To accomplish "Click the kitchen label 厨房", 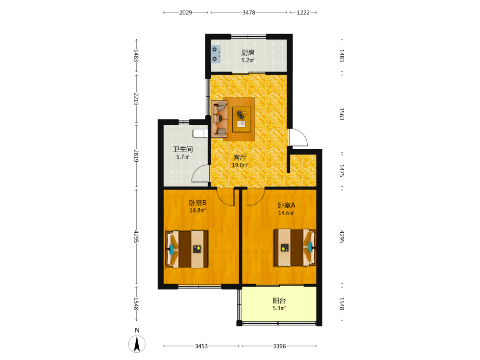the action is pos(248,53).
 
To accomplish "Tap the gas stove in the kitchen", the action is pos(216,54).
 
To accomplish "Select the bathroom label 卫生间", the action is pos(183,149).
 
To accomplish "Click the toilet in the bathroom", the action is pos(200,133).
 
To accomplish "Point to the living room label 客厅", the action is pos(240,157).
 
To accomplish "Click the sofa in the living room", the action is pos(220,119).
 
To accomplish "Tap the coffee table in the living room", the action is pos(241,120).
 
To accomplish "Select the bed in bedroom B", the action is pos(187,249).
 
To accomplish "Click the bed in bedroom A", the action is pos(295,247).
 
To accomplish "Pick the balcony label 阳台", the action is pos(279,300).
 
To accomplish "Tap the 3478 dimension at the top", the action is pos(249,12).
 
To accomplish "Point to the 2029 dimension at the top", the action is pos(185,12).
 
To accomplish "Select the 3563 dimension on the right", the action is pos(342,114).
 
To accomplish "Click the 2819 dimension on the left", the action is pos(136,156).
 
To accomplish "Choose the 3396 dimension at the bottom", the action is pos(279,346).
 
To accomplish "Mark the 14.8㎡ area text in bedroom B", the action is pos(197,211).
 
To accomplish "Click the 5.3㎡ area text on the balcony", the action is pos(279,308).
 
